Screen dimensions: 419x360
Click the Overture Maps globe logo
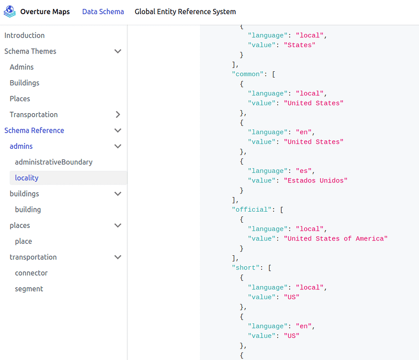tap(9, 12)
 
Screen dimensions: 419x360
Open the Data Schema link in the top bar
tap(103, 12)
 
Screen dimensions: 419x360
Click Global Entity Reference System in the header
tap(185, 12)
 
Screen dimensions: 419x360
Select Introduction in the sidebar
tap(25, 35)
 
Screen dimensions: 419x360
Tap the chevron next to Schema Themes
tap(118, 51)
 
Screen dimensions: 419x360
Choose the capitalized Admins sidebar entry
tap(21, 67)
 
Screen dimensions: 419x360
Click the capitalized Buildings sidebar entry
tap(25, 83)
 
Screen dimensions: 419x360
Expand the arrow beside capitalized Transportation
tap(118, 114)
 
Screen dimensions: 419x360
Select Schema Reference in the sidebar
tap(34, 130)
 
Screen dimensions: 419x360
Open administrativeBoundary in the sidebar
tap(54, 162)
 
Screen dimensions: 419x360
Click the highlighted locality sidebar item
tap(27, 178)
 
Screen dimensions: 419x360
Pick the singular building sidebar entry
tap(28, 210)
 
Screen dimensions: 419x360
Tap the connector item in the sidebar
tap(31, 273)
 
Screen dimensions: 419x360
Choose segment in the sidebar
tap(29, 289)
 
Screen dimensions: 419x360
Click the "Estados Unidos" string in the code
tap(316, 181)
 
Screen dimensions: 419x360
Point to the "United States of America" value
tap(336, 238)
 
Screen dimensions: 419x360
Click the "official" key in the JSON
tap(252, 210)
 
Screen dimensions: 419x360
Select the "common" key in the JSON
tap(248, 74)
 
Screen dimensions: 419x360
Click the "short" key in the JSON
tap(246, 268)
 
